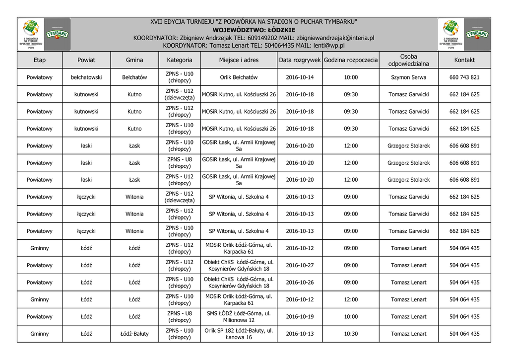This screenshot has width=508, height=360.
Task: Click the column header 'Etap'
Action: pos(40,60)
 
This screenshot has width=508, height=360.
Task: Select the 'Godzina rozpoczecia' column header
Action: pos(351,60)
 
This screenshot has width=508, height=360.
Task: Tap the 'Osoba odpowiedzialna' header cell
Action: pos(408,60)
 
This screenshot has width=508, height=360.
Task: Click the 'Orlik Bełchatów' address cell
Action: pos(239,77)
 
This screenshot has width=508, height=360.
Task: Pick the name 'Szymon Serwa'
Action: pos(408,77)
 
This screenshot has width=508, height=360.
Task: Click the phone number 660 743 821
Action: pos(464,77)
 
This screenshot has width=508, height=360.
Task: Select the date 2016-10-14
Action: pos(300,77)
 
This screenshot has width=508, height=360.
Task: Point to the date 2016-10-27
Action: pos(300,265)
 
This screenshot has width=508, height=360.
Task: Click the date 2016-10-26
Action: pos(300,283)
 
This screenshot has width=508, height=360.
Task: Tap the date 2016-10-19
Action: pos(300,317)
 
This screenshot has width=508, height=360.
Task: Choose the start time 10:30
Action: pos(351,334)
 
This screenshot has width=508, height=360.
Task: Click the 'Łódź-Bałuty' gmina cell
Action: pos(134,334)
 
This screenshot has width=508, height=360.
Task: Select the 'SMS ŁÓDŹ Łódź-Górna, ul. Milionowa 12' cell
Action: pos(239,317)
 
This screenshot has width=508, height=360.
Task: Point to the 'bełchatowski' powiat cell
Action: pos(86,77)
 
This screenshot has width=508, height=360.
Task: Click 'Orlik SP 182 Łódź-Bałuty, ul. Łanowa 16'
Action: pos(239,334)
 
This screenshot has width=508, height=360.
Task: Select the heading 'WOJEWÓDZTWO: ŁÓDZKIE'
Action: pos(254,30)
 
